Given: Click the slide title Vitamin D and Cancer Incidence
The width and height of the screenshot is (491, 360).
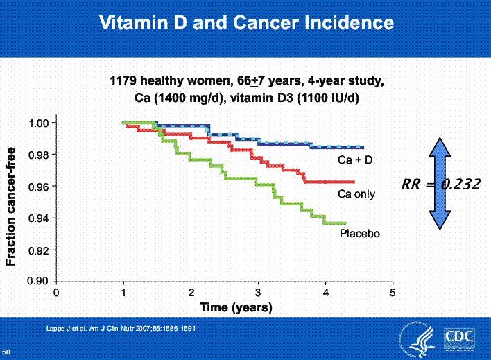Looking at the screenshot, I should [246, 23].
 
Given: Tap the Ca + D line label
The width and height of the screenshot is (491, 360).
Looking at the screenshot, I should [354, 161].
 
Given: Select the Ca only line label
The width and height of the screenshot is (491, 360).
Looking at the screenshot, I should [356, 194].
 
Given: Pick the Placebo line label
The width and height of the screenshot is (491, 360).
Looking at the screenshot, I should [359, 233].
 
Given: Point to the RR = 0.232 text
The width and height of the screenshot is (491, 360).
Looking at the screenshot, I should [440, 184].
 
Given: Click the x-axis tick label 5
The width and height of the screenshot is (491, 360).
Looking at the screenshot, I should [393, 293].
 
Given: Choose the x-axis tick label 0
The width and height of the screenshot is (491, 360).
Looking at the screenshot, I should [56, 293].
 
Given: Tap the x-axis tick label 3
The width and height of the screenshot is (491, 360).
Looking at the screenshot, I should [258, 293].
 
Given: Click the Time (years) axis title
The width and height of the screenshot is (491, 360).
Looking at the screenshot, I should [236, 307].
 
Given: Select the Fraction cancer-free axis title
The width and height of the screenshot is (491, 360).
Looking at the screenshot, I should [11, 201].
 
